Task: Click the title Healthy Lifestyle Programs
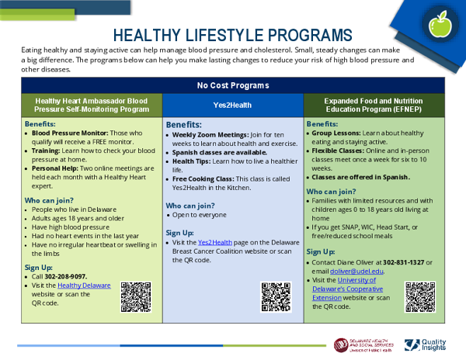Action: click(232, 36)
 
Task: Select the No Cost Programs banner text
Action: click(233, 85)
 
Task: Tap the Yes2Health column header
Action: click(233, 105)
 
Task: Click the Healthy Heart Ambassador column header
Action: click(92, 105)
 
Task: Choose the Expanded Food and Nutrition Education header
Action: click(374, 105)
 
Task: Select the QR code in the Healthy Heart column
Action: click(135, 296)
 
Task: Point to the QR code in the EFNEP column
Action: click(419, 296)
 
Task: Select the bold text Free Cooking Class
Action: click(205, 178)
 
